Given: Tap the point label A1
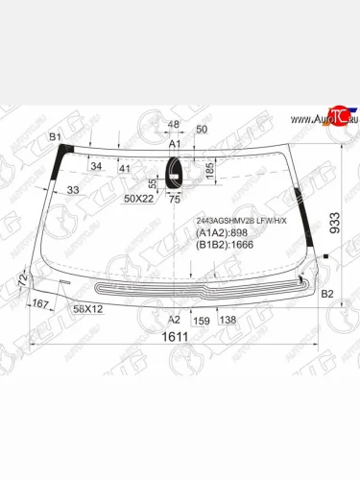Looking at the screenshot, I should pos(175,144).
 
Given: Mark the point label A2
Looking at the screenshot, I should pos(175,319).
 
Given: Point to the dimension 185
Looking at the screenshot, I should pos(208,169).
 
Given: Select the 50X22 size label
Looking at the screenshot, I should pos(139,199).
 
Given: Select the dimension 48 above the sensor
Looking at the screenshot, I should pos(174,126).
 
